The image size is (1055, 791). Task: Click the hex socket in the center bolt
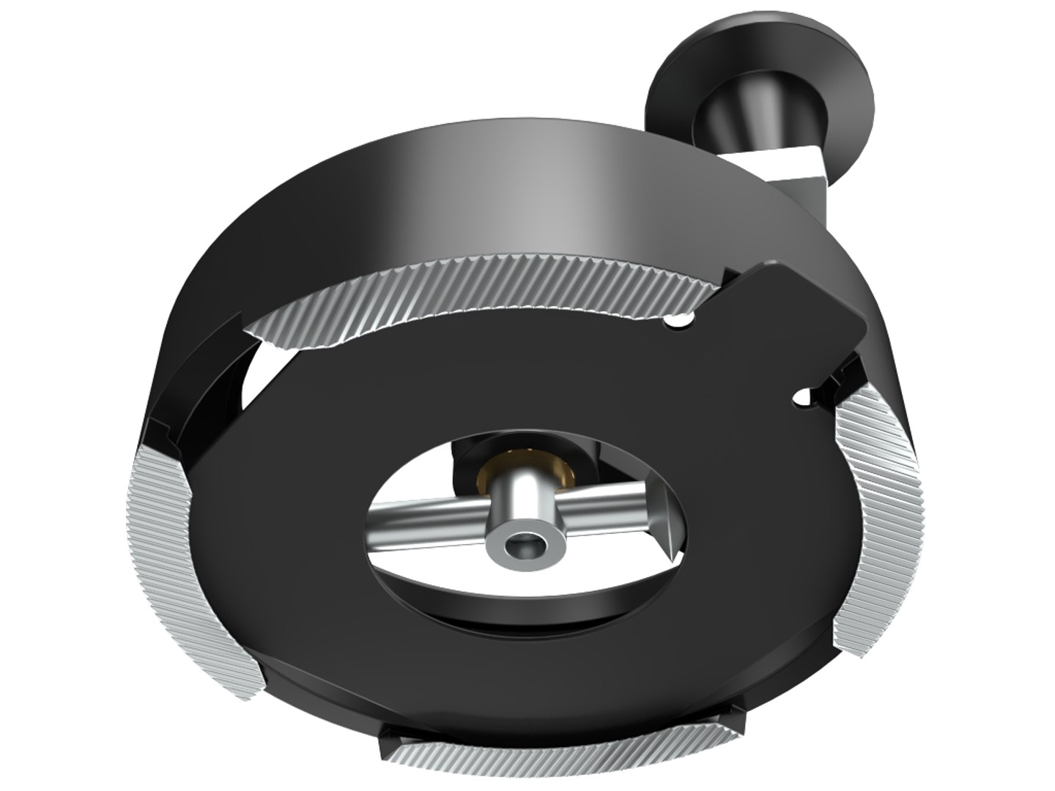pyautogui.click(x=523, y=545)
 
